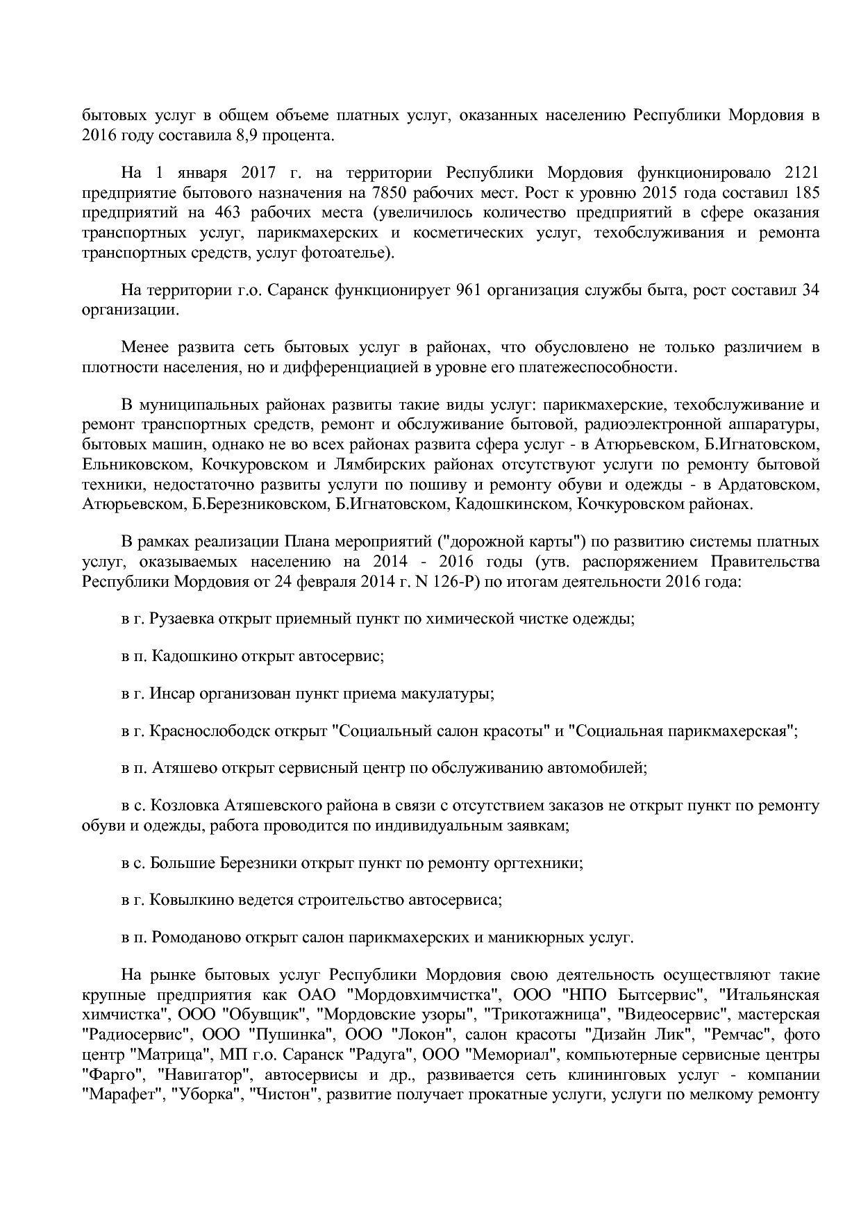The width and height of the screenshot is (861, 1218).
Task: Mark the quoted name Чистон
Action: pyautogui.click(x=283, y=1095)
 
